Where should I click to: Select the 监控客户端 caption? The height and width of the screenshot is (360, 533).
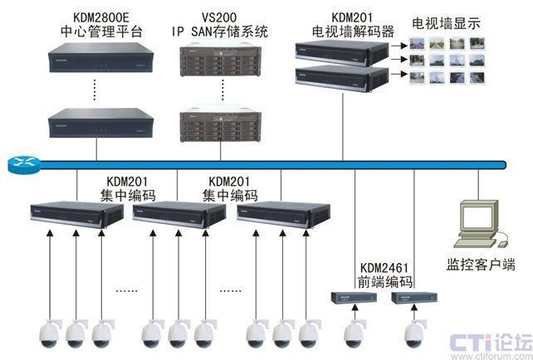481,265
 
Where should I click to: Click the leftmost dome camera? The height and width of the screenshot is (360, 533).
50,332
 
